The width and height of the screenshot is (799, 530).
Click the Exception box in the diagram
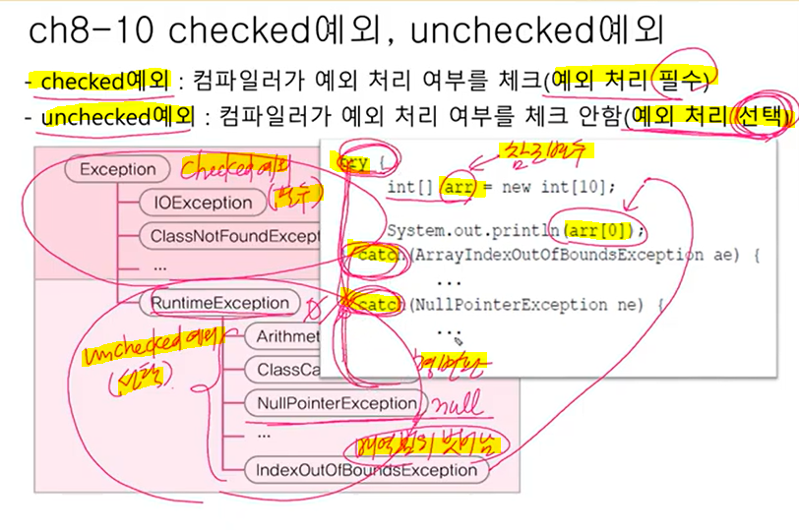coord(117,169)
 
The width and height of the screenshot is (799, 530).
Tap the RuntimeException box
coord(219,303)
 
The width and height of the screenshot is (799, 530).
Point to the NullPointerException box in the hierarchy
coord(336,403)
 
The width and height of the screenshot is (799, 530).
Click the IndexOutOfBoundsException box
coord(365,470)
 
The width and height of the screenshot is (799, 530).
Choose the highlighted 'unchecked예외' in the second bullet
coord(109,117)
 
